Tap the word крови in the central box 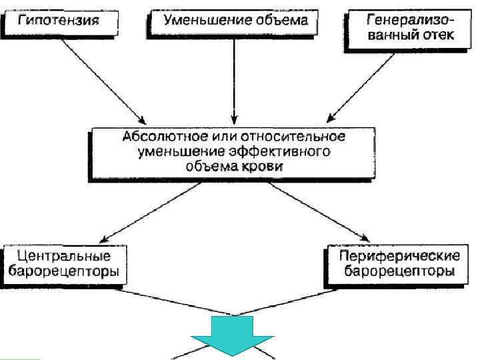(x=265, y=168)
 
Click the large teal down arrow (x=233, y=333)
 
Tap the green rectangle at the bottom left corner (x=19, y=358)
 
